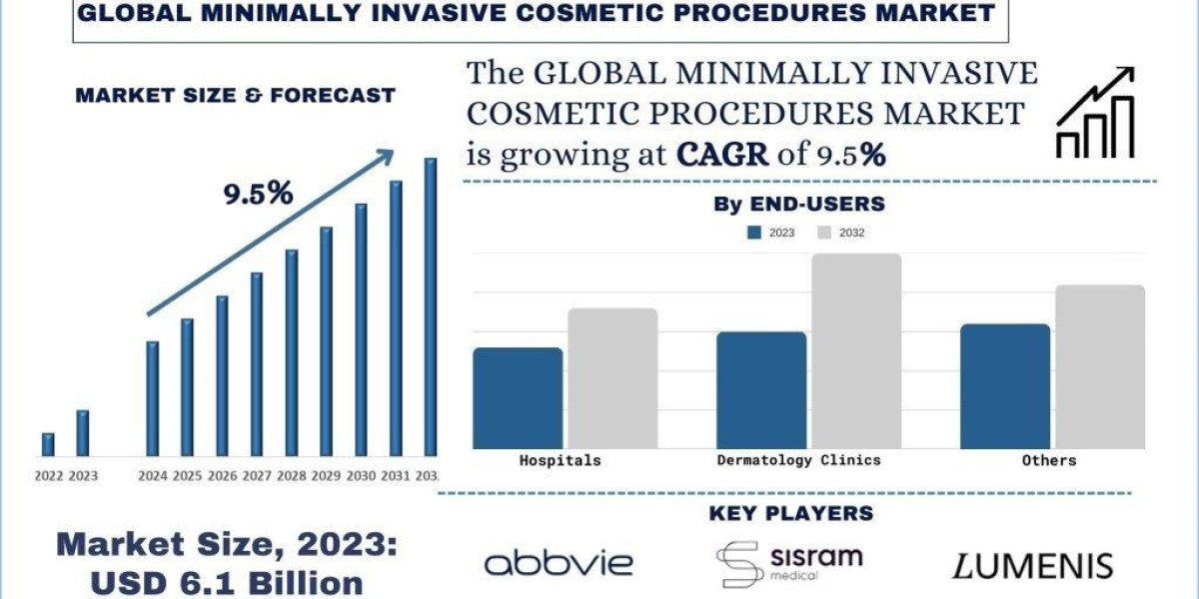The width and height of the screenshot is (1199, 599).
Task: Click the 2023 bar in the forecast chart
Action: tap(82, 432)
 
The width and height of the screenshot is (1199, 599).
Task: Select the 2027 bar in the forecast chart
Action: tap(257, 363)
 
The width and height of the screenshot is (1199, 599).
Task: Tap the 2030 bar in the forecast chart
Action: tap(361, 329)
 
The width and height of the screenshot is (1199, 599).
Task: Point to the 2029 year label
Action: tap(326, 475)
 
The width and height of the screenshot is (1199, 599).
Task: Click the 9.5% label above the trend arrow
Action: tap(257, 194)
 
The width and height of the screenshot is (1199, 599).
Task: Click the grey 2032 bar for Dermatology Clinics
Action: tap(856, 350)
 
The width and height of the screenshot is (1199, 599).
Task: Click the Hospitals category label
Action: tap(561, 460)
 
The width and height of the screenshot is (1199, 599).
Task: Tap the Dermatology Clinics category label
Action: tap(799, 460)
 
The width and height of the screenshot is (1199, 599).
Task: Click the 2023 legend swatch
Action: tap(756, 233)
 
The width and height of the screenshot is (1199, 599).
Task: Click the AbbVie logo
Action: tap(558, 563)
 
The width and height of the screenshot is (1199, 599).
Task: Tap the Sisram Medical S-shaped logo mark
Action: tap(738, 565)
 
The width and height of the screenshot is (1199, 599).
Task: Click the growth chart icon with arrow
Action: tap(1095, 112)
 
